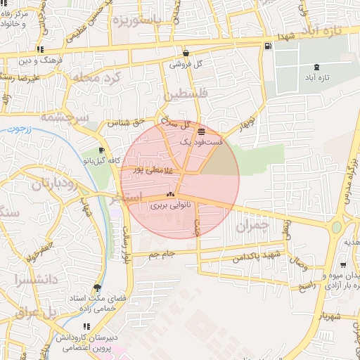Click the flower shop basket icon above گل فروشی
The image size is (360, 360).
(185, 53)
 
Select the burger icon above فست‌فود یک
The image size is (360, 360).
(202, 131)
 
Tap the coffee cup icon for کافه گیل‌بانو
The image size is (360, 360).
(101, 150)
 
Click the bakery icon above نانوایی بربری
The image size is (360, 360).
(169, 195)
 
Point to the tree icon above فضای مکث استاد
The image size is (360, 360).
(97, 288)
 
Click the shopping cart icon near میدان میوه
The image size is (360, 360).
(342, 266)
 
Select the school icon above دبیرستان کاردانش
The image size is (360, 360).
(86, 326)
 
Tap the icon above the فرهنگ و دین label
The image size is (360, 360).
(41, 49)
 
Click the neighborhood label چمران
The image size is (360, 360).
(252, 226)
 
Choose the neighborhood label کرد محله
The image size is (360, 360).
(100, 75)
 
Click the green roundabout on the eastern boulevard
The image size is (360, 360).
(336, 227)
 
